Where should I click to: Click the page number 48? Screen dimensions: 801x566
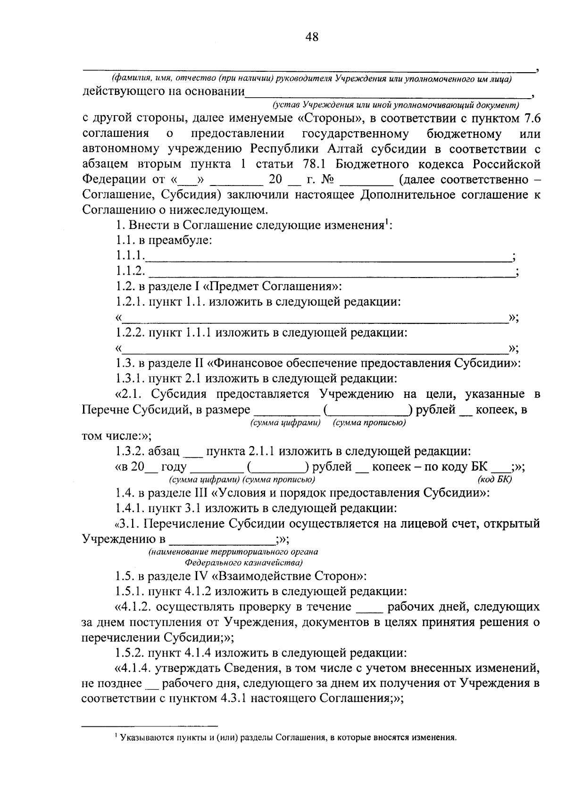pyautogui.click(x=312, y=37)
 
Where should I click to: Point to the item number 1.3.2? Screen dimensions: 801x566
pyautogui.click(x=130, y=451)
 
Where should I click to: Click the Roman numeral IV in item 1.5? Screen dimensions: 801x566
pyautogui.click(x=199, y=576)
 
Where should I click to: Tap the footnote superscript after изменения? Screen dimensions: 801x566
pyautogui.click(x=386, y=222)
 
